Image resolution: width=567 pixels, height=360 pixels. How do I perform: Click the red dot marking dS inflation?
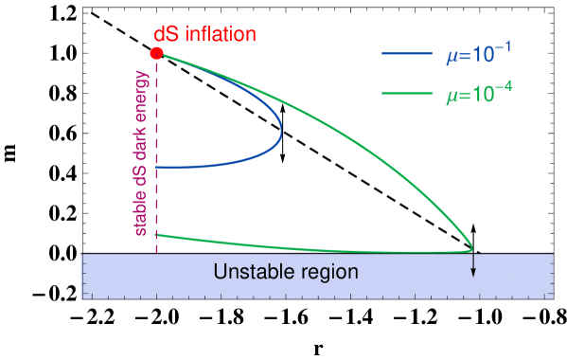pos(156,53)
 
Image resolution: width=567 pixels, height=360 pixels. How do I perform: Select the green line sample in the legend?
pos(406,93)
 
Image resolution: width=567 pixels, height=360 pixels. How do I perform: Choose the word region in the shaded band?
pos(326,273)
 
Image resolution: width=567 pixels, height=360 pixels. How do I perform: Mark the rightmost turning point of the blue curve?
pos(281,140)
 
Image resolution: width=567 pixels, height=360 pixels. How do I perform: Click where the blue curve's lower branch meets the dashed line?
pos(157,168)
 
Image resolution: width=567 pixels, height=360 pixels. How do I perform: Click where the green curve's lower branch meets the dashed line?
pos(157,234)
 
